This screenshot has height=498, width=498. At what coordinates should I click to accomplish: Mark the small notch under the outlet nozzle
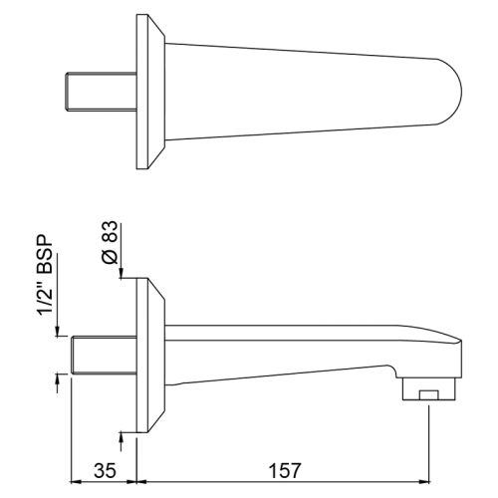pos(428,396)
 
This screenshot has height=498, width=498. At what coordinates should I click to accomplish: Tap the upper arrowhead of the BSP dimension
pos(57,334)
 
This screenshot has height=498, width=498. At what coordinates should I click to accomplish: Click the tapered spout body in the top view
pos(299,90)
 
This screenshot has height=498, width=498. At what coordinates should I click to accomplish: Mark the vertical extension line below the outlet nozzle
pos(428,438)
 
